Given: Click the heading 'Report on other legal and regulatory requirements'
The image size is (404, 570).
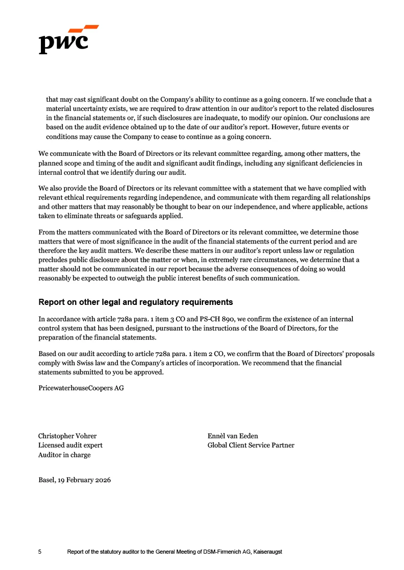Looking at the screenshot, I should pos(136,302).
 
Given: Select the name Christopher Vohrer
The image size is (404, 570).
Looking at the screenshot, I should pos(67,436).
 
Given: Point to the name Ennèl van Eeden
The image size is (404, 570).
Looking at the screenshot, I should pos(233,436).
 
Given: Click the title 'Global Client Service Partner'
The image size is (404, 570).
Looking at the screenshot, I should pos(251,445).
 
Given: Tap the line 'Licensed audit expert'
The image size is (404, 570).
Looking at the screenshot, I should pos(70,445).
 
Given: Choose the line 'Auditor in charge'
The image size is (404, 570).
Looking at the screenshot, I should pos(64,455).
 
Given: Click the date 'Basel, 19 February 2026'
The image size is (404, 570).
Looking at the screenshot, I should pos(74,480).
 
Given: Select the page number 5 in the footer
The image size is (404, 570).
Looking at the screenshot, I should pos(40,552).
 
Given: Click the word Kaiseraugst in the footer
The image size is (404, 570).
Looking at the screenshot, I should pos(267,552).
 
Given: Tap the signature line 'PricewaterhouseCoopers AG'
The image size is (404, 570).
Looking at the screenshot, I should pos(81,388).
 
